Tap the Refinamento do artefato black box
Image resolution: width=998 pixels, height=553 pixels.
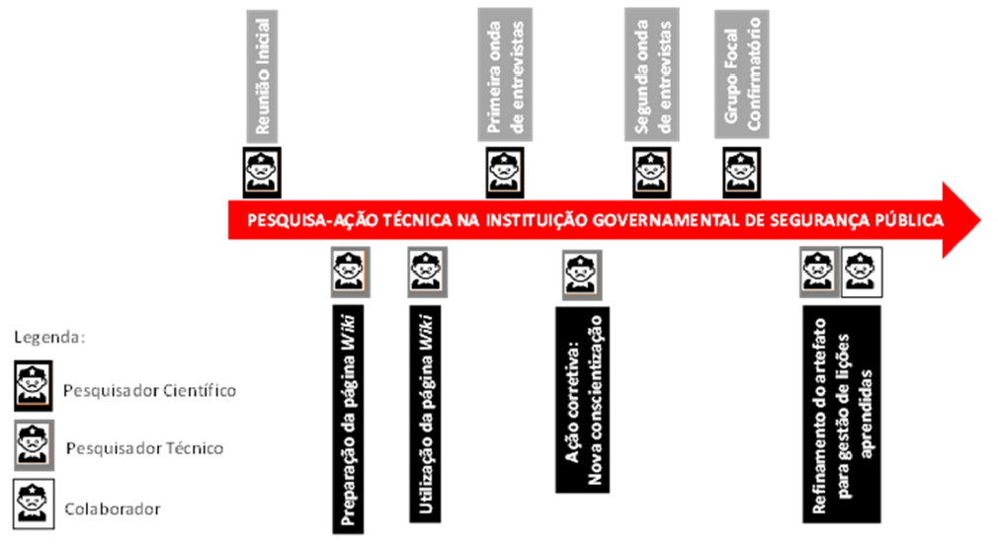[841, 413]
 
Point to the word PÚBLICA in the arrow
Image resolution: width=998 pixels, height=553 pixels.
[908, 219]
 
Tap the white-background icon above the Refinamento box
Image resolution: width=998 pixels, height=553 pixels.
[861, 272]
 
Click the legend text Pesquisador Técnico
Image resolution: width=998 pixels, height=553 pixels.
[144, 448]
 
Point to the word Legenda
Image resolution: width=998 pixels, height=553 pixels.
[50, 337]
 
